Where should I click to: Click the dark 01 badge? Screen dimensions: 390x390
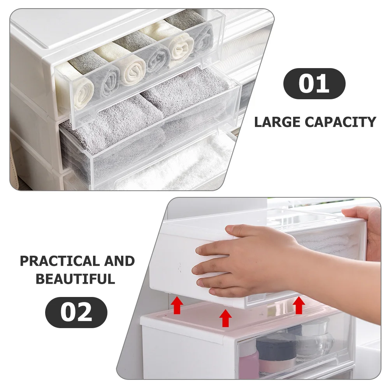[x=314, y=84]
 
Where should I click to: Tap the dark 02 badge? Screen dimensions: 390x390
[x=76, y=312]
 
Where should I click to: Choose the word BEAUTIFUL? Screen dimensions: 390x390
[x=76, y=279]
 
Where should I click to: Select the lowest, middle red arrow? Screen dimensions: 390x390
[x=225, y=318]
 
